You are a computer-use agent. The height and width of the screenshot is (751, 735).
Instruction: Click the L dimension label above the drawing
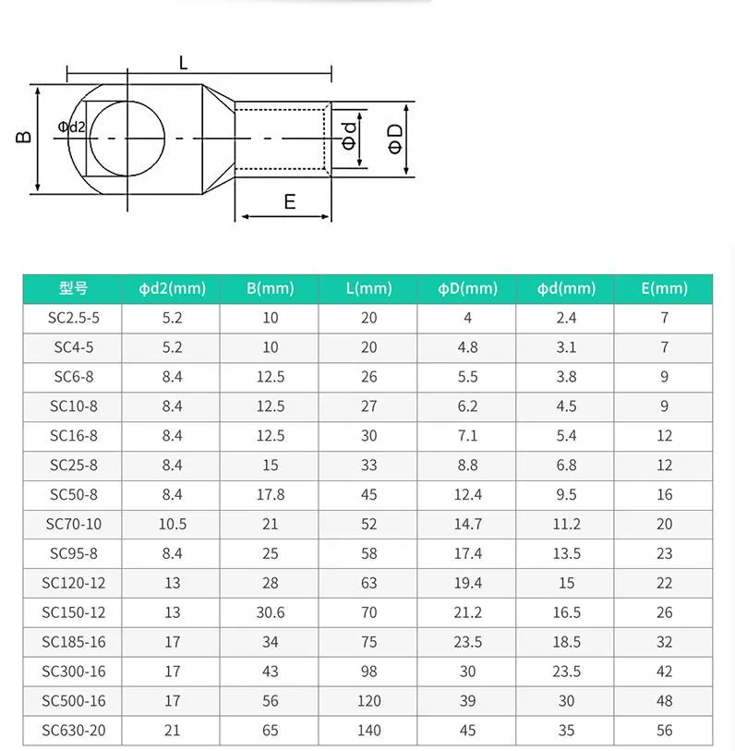(184, 63)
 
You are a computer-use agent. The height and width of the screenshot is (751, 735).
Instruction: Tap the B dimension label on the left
(24, 137)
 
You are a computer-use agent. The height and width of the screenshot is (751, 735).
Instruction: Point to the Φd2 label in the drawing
(71, 127)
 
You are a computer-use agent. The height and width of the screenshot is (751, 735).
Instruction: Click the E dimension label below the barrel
(290, 201)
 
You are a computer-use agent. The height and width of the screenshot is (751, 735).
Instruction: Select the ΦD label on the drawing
(395, 139)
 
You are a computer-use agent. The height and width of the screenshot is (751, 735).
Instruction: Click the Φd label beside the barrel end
(350, 136)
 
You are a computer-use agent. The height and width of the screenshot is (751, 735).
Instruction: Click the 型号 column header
(73, 288)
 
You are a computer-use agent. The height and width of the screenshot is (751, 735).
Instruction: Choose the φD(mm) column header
(468, 288)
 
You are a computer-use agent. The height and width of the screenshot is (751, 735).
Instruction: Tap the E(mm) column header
(665, 288)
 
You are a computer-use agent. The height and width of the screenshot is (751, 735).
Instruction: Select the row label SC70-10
(74, 524)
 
